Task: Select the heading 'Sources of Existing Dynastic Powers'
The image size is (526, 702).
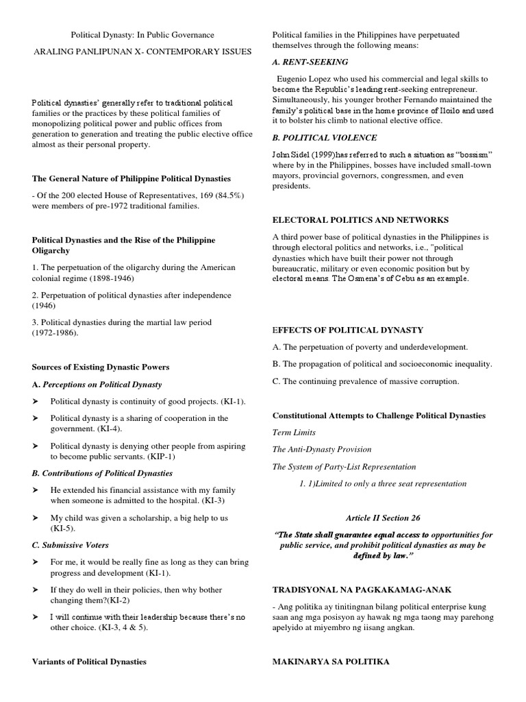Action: click(x=101, y=367)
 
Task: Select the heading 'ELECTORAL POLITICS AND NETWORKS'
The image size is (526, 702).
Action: click(x=360, y=220)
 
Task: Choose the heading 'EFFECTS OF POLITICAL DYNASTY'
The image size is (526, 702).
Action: click(x=348, y=330)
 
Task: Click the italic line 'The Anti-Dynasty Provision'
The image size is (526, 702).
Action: click(x=322, y=449)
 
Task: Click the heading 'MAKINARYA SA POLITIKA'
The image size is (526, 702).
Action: click(x=331, y=662)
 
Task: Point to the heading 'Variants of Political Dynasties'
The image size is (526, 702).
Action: click(x=90, y=662)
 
